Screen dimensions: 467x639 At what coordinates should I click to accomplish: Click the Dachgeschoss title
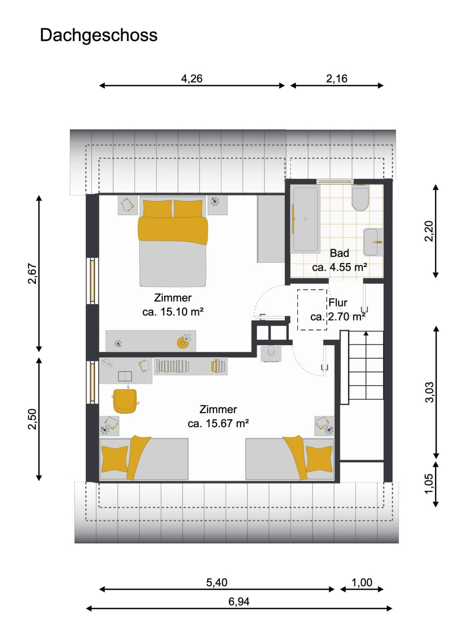pyautogui.click(x=98, y=35)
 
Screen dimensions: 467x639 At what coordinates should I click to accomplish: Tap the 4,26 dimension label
pyautogui.click(x=191, y=79)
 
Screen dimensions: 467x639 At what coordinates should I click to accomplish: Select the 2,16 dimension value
pyautogui.click(x=337, y=79)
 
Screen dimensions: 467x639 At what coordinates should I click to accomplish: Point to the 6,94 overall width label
pyautogui.click(x=239, y=602)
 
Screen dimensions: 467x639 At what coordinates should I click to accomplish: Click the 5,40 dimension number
pyautogui.click(x=216, y=583)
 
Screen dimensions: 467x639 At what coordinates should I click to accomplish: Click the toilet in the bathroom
pyautogui.click(x=360, y=198)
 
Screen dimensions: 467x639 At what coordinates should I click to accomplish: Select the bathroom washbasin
pyautogui.click(x=372, y=242)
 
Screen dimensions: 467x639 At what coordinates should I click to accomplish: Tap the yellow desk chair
pyautogui.click(x=125, y=401)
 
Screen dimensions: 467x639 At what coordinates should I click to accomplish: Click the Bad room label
pyautogui.click(x=339, y=253)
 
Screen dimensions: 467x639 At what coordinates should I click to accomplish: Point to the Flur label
pyautogui.click(x=338, y=303)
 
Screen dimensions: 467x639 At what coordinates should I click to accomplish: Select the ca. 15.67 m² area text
pyautogui.click(x=218, y=423)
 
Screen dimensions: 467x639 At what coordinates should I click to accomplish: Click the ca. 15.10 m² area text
pyautogui.click(x=172, y=311)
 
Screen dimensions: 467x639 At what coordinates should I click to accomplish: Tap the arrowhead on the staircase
pyautogui.click(x=366, y=333)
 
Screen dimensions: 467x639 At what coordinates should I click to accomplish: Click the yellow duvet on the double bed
pyautogui.click(x=173, y=230)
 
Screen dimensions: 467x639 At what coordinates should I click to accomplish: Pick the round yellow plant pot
pyautogui.click(x=183, y=342)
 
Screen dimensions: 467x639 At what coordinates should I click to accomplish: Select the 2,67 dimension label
pyautogui.click(x=32, y=274)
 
